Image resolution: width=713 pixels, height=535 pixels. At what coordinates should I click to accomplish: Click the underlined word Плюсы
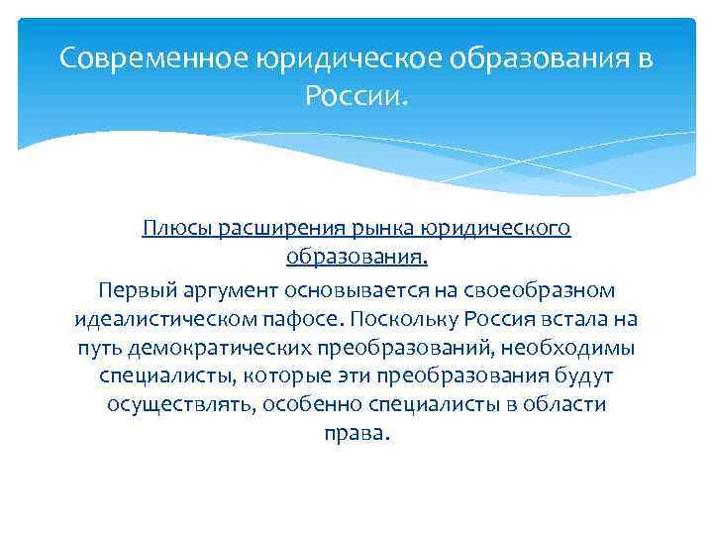pos(173,229)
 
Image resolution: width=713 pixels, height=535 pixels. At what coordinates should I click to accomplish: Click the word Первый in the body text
pos(132,290)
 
